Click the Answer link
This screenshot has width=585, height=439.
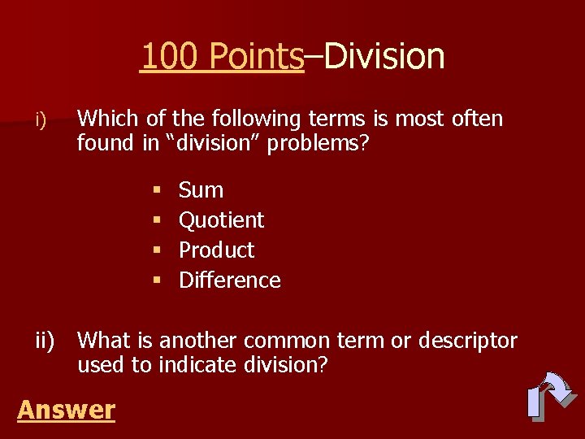click(x=66, y=410)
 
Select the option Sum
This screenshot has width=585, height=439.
click(x=201, y=190)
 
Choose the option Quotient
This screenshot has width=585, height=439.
click(x=221, y=220)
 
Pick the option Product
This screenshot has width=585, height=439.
click(x=216, y=250)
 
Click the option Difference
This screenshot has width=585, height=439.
click(x=229, y=280)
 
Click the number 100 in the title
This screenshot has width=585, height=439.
click(x=170, y=57)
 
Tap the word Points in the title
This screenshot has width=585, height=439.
click(x=255, y=57)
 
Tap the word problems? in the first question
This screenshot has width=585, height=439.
click(x=322, y=144)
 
